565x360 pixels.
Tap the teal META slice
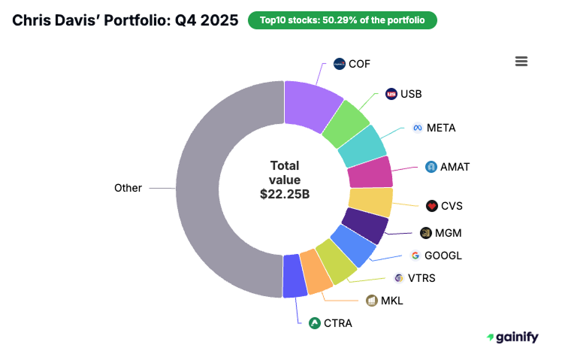click(362, 146)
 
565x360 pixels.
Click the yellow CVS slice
click(370, 202)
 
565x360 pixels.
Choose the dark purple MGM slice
click(364, 226)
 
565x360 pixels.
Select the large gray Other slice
click(218, 188)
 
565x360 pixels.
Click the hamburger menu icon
click(521, 62)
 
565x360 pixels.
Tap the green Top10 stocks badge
click(342, 20)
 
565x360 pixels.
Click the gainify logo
click(512, 337)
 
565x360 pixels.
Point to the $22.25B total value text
click(285, 194)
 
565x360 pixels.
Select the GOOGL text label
click(444, 256)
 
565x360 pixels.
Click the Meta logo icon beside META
click(418, 128)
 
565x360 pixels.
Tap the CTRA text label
click(338, 323)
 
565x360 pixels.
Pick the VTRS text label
click(422, 278)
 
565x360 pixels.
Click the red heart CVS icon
click(431, 205)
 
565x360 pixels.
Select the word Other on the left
click(128, 188)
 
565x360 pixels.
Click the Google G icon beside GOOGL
click(415, 256)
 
